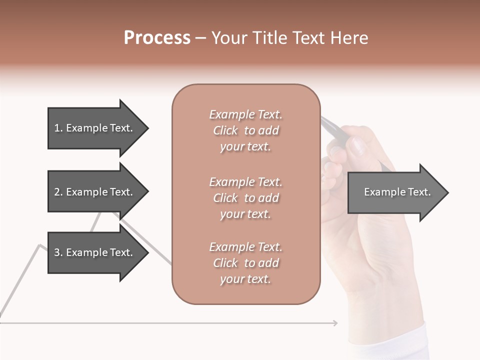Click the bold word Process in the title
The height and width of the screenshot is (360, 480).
(x=157, y=38)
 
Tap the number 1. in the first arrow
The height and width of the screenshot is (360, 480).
(x=58, y=128)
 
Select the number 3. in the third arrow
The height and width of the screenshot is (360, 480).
(x=58, y=252)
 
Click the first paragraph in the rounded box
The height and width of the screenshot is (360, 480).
(x=245, y=130)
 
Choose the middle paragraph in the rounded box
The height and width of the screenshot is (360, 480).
(x=245, y=198)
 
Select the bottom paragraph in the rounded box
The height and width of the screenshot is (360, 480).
(x=245, y=263)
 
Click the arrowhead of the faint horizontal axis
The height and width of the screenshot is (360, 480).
(x=335, y=323)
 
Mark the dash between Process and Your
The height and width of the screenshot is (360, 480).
(x=200, y=38)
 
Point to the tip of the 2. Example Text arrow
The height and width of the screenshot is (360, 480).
(x=147, y=192)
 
